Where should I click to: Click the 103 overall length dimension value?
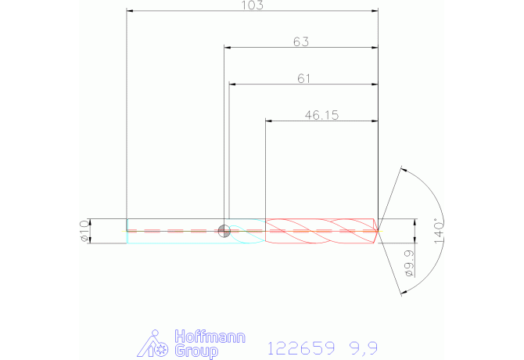[253, 5]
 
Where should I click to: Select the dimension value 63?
[301, 41]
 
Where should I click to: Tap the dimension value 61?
[303, 78]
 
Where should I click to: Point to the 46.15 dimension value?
[321, 115]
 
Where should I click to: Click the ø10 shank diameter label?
[84, 231]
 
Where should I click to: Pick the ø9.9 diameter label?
[409, 264]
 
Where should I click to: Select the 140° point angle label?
[439, 231]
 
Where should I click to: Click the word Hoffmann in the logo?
[210, 337]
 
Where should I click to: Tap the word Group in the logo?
[196, 351]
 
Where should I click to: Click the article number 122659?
[301, 348]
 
